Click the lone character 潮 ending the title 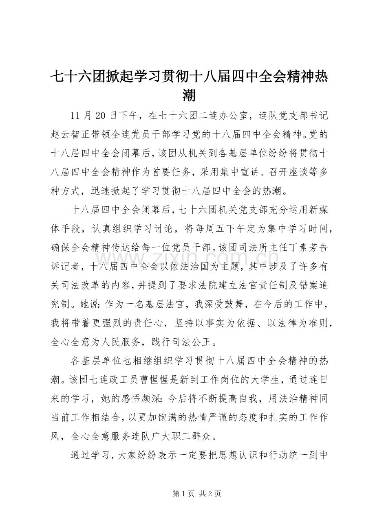tap(187, 95)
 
